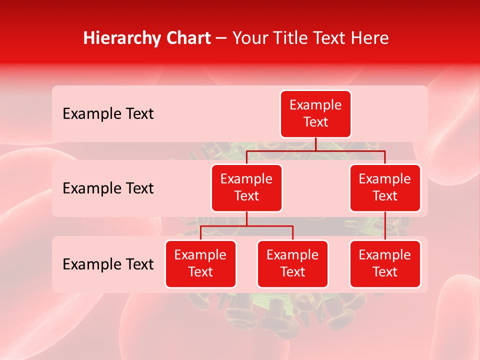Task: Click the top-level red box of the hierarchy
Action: (315, 113)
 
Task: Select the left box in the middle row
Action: (246, 187)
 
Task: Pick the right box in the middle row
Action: (385, 187)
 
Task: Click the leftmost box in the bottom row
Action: (200, 263)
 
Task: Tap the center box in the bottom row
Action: (292, 263)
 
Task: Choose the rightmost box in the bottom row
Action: (385, 263)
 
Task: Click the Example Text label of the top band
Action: (108, 114)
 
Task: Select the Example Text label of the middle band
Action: (108, 188)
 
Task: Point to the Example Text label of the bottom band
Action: (108, 264)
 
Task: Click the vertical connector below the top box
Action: (315, 144)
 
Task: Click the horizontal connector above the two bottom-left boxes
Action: (246, 226)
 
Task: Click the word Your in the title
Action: (249, 38)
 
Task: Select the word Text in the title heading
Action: (328, 38)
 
